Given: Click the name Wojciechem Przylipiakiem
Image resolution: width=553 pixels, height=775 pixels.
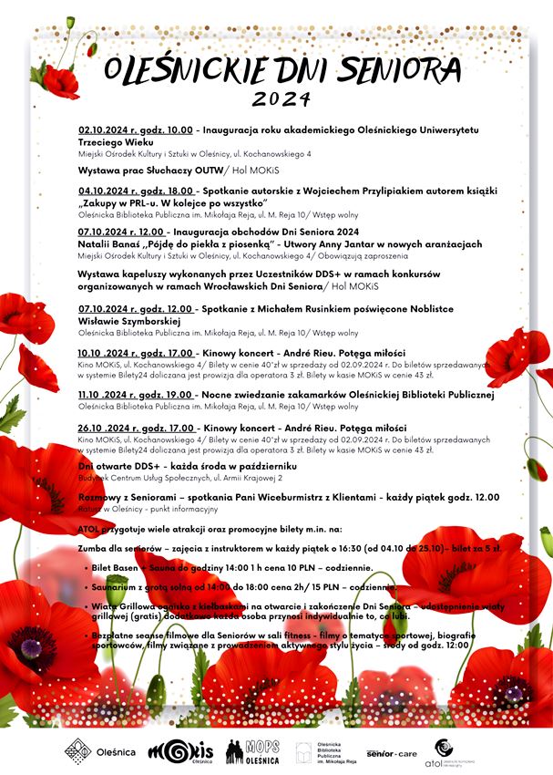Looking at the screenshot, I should [389, 190].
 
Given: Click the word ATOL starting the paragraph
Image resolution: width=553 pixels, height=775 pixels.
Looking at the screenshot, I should [91, 528].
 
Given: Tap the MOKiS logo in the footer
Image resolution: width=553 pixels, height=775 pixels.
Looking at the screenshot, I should [181, 749].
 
